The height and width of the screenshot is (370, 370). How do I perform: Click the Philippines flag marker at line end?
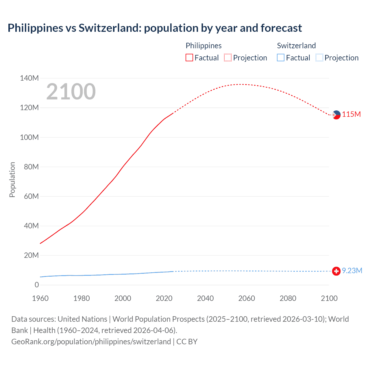click(336, 115)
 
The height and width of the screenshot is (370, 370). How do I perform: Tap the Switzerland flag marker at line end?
click(336, 271)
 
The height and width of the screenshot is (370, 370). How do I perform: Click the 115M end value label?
click(351, 114)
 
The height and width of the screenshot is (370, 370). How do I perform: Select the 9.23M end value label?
click(352, 271)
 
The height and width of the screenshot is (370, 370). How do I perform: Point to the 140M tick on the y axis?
click(29, 78)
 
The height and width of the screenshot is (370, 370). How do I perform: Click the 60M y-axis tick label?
click(31, 197)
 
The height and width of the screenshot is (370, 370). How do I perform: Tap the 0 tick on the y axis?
click(37, 285)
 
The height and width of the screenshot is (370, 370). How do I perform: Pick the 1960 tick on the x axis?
click(40, 298)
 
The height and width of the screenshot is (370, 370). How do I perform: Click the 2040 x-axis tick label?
click(205, 298)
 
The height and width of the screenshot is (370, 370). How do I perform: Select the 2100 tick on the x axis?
click(329, 298)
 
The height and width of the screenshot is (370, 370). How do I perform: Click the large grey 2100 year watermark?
click(71, 92)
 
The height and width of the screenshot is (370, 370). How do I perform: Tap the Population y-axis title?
click(12, 180)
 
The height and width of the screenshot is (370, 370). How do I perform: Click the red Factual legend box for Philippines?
click(189, 58)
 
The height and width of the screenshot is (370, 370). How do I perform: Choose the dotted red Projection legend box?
click(228, 58)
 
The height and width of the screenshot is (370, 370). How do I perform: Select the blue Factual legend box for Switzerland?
click(281, 58)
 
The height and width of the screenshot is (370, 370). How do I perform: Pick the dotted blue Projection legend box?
click(319, 58)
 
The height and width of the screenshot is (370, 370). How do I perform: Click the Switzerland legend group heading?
click(296, 46)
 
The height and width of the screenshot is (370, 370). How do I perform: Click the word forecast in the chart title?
click(281, 28)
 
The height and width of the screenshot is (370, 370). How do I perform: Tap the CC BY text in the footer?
click(187, 342)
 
